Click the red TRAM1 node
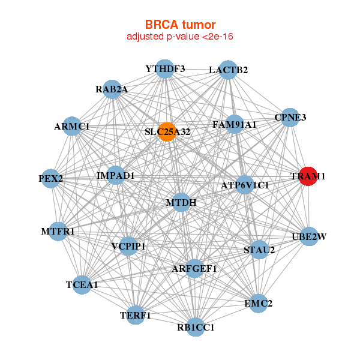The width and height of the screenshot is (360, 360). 308,176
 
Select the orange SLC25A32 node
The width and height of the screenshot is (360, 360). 167,131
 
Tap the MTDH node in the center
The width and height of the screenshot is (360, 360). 186,203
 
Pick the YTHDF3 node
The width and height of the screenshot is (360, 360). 165,69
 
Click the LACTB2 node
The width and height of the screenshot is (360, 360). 228,70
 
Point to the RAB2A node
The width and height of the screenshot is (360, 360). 112,89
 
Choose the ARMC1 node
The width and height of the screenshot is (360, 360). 72,127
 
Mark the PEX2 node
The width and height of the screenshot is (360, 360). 50,178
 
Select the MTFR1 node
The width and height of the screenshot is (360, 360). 58,231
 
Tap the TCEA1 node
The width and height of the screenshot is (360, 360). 82,284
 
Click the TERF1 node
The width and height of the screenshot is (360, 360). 135,314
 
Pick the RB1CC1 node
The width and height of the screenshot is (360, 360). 196,327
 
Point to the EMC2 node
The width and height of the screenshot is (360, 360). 258,304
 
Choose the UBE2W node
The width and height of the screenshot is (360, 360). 308,236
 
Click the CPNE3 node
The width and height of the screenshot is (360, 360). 290,117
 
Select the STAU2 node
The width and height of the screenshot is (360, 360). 259,250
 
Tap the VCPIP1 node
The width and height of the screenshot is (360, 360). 128,246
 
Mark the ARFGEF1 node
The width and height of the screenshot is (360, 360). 194,268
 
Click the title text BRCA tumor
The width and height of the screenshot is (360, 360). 180,25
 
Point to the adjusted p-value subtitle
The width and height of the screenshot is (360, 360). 180,37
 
